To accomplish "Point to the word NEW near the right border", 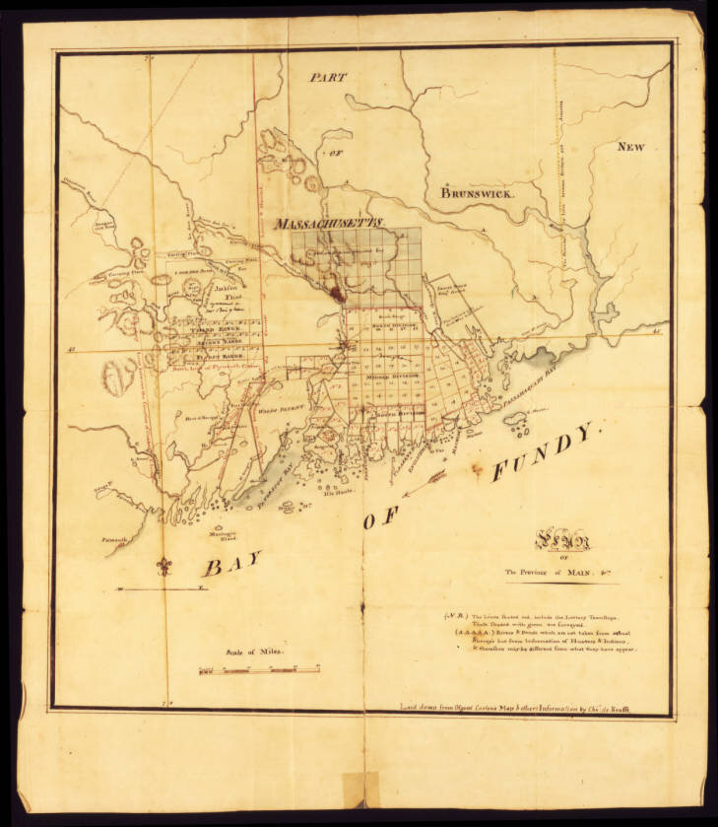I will coord(630,147).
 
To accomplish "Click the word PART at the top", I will coord(329,76).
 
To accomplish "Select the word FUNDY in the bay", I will coord(545,453).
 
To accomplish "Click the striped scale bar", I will coord(259,670).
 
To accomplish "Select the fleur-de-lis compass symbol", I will coord(163,567).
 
